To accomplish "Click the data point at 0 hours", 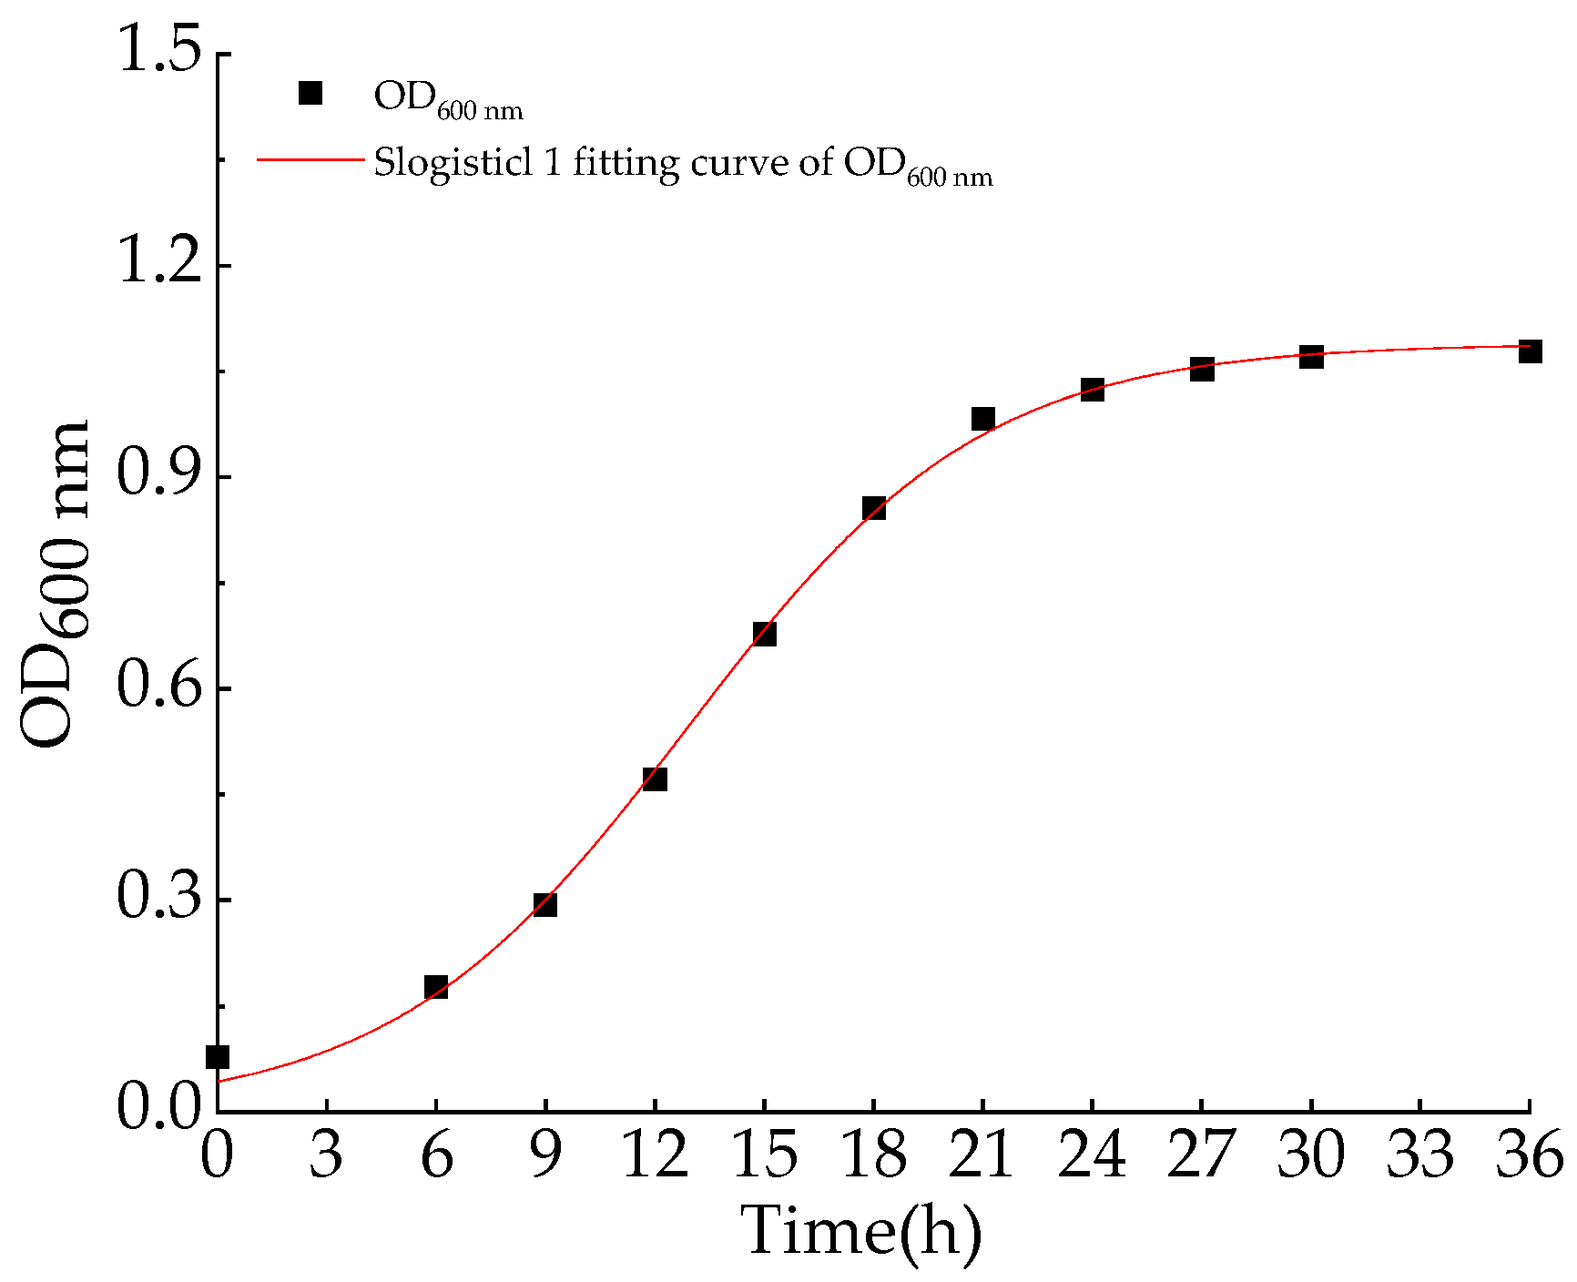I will coord(218,1057).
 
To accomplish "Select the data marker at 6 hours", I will coord(436,987).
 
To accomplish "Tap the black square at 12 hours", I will coord(655,779).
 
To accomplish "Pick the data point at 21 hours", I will coord(982,419).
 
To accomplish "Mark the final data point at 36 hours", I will coord(1531,351).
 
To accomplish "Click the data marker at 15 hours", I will coord(765,634).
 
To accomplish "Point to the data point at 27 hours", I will coord(1202,370).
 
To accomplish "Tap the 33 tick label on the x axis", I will coord(1420,1155).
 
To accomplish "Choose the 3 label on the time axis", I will coord(326,1155).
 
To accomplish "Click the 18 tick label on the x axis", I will coord(873,1155).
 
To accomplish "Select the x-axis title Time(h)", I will coord(861,1231).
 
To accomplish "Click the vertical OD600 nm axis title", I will coord(56,583).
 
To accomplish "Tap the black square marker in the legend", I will coord(310,94).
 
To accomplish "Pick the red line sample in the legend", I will coord(310,160).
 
